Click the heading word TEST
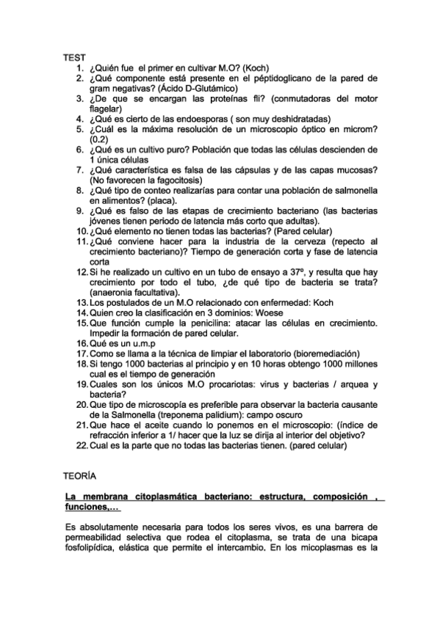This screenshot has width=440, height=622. (x=74, y=56)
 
